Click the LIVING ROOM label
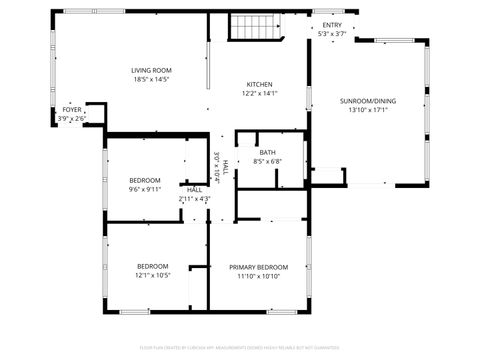click(152, 70)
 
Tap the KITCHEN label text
click(260, 84)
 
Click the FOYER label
click(72, 109)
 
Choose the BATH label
click(267, 152)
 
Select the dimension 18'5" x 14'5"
click(152, 79)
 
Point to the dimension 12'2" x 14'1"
click(260, 93)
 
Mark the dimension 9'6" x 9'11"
click(145, 189)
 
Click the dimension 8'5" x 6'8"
click(267, 161)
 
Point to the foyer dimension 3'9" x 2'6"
click(72, 118)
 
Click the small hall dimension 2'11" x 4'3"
click(194, 198)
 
